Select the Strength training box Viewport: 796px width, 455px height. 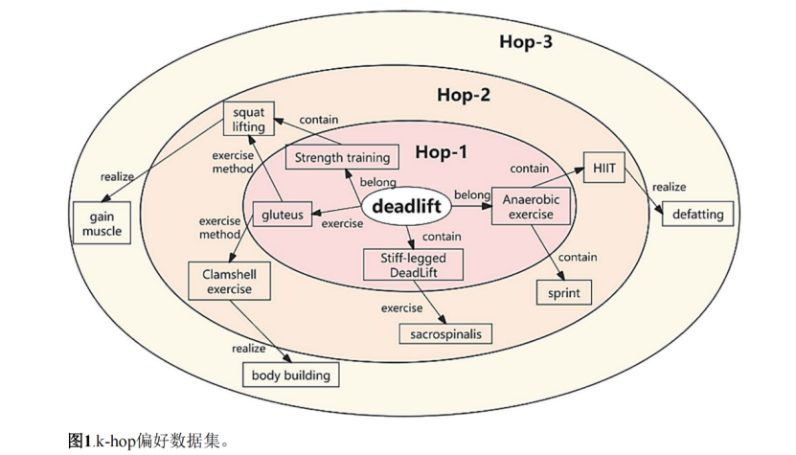(342, 157)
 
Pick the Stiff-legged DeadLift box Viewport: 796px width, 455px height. (414, 264)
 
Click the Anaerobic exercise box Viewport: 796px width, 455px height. (531, 206)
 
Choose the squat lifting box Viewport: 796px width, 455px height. (248, 119)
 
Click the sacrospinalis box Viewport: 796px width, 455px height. (445, 333)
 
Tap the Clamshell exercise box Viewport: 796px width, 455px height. (229, 281)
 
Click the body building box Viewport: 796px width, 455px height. (290, 375)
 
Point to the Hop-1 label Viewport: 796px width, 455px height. (442, 152)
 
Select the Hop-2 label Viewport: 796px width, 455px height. (464, 95)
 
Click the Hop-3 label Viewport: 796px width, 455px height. (526, 42)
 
